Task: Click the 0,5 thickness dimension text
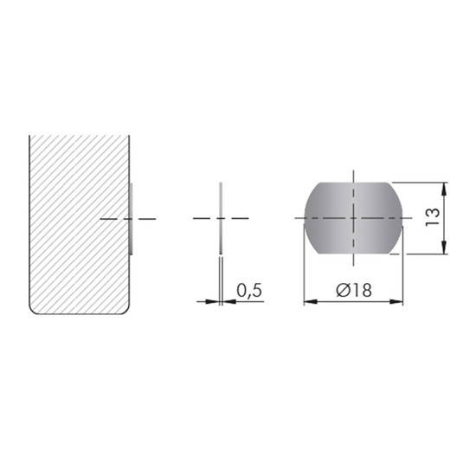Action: [249, 291]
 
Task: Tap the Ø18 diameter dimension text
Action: [354, 290]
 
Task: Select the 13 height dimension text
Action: [432, 216]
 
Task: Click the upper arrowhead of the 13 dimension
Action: [444, 190]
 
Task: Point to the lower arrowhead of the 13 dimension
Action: [444, 248]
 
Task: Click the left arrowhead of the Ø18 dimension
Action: [311, 301]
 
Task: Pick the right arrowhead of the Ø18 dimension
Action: [396, 301]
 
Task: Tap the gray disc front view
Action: [353, 218]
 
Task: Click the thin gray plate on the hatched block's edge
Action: [131, 219]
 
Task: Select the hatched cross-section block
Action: [80, 225]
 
